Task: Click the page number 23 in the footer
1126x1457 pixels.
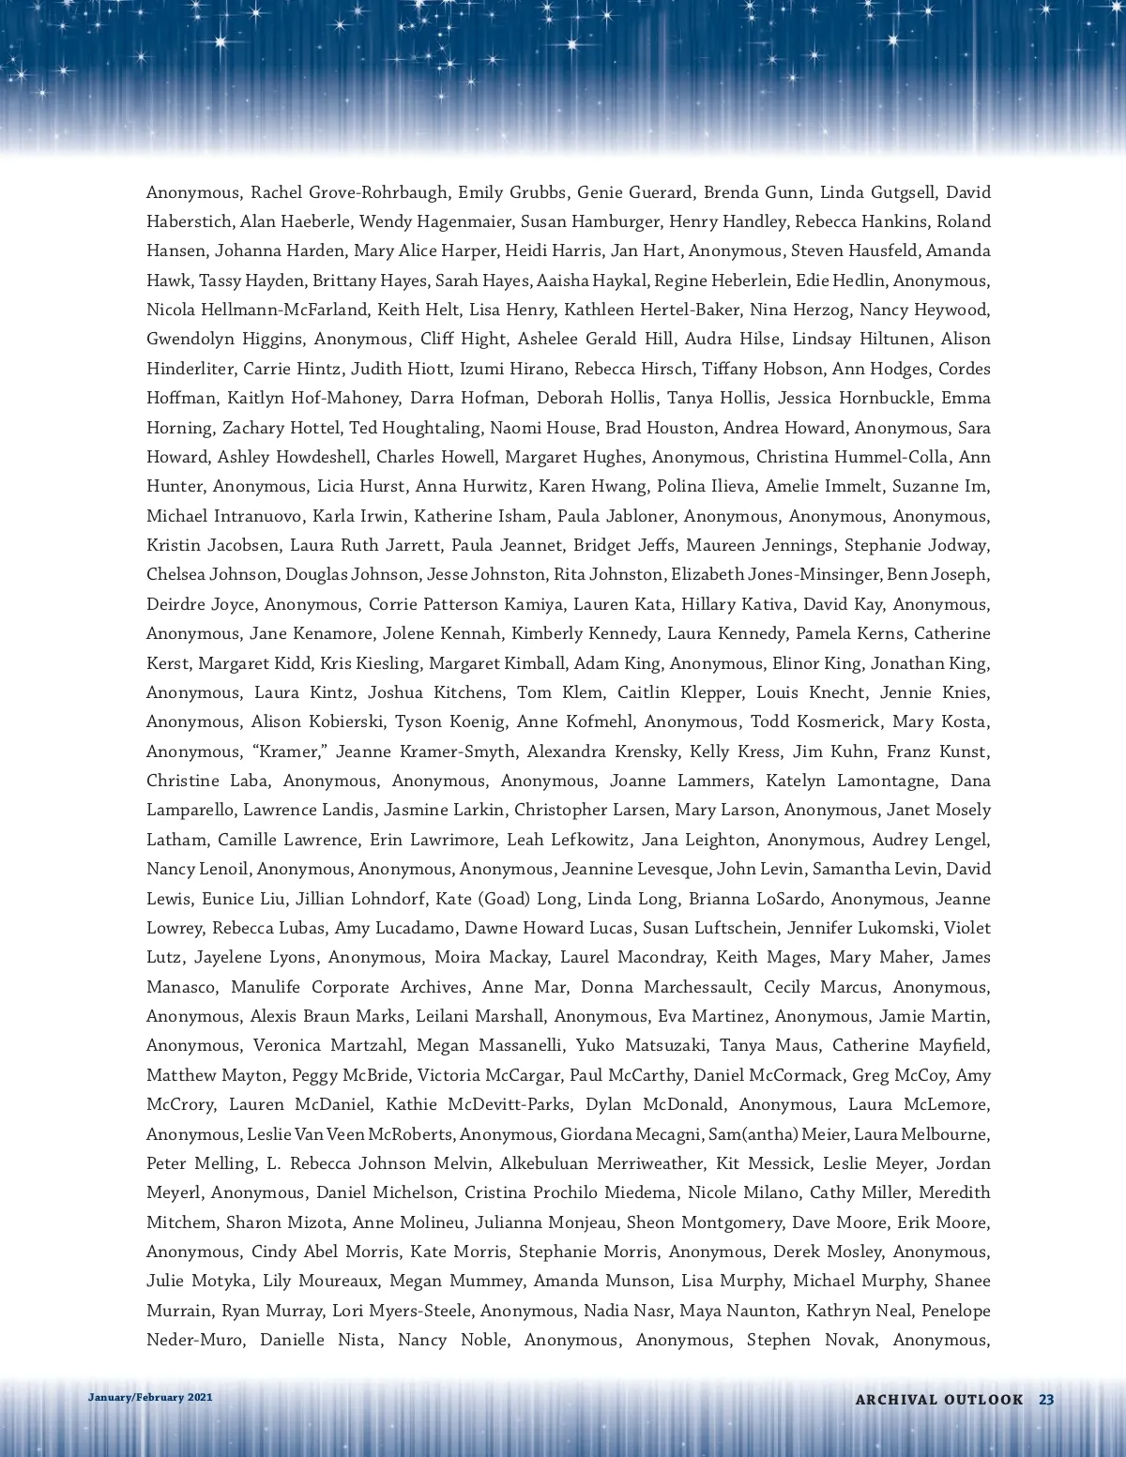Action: click(1046, 1399)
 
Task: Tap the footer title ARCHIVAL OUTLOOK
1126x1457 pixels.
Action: click(938, 1399)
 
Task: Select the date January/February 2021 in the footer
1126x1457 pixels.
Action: click(150, 1397)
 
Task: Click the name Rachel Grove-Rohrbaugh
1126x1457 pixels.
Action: click(348, 192)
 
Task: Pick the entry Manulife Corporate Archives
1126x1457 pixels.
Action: click(349, 987)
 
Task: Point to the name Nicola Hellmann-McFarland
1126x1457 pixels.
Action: click(256, 310)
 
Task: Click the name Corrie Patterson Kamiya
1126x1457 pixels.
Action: click(465, 604)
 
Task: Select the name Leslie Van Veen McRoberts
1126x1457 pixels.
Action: click(350, 1134)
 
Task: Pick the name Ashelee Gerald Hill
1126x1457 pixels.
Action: click(595, 339)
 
